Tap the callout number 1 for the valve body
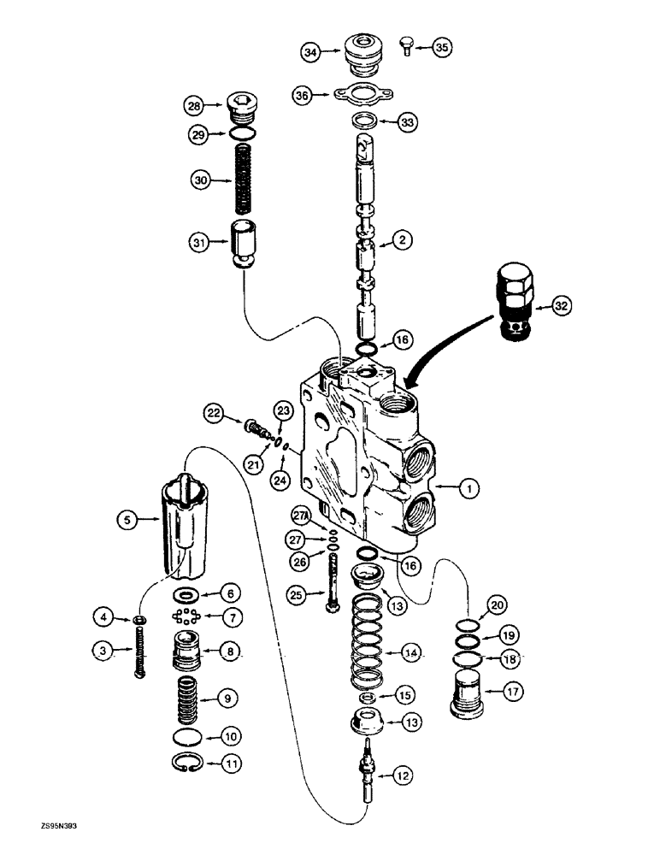point(467,488)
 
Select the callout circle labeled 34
point(312,53)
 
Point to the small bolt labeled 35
point(408,46)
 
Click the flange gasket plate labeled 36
point(364,96)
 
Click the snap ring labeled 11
point(188,763)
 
